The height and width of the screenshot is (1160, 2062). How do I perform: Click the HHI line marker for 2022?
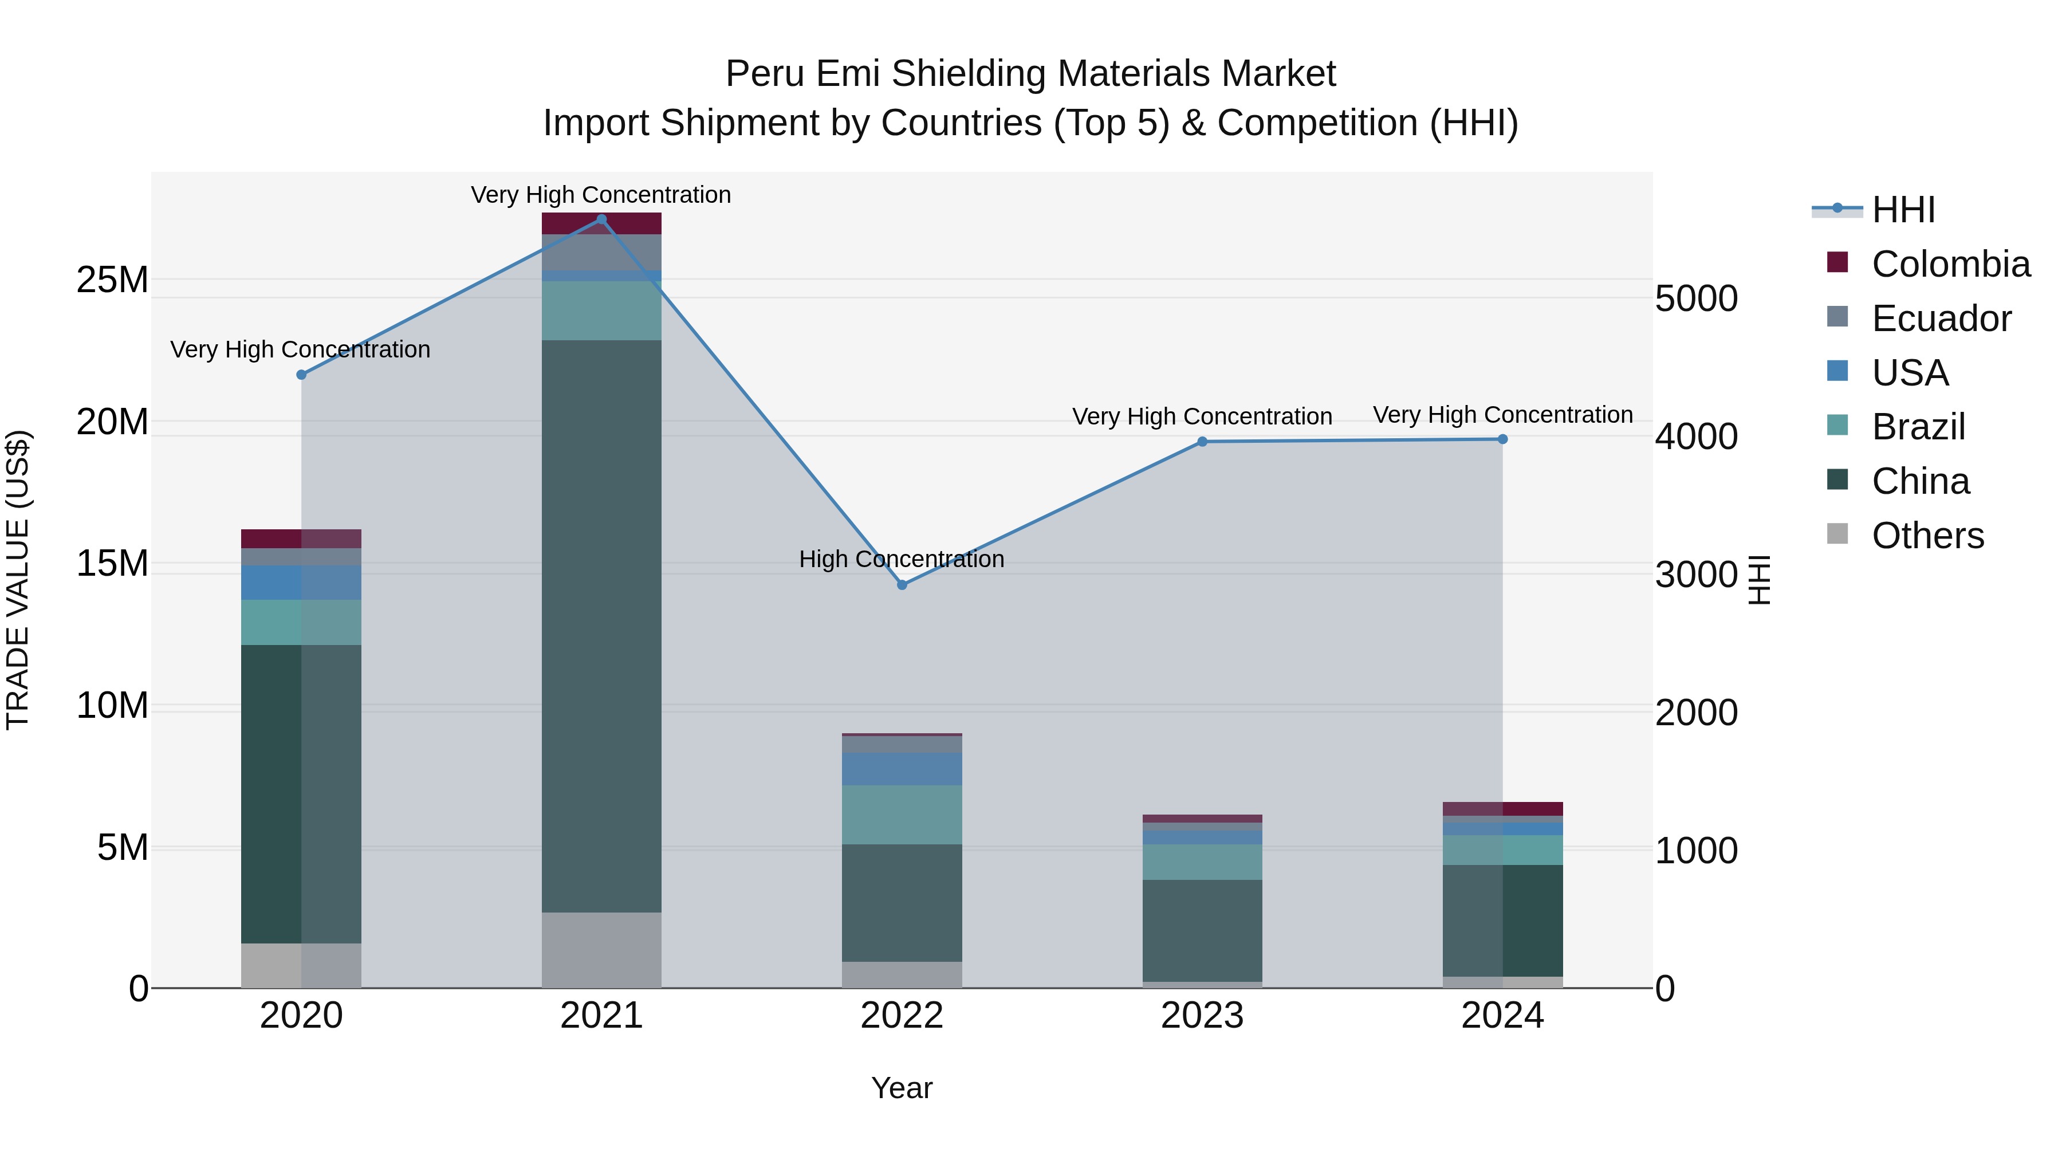[x=902, y=585]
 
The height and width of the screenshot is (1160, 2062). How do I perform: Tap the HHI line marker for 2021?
[x=602, y=219]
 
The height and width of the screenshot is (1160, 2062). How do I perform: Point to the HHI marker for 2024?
[x=1502, y=439]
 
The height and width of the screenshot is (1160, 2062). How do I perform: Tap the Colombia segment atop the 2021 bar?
[x=602, y=223]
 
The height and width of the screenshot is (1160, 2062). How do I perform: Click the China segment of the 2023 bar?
[x=1202, y=930]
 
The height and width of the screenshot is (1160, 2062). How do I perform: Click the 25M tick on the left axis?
[x=112, y=280]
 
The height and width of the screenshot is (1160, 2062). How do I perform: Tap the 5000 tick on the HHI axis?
[x=1696, y=298]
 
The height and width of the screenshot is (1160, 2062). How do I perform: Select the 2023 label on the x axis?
[x=1202, y=1016]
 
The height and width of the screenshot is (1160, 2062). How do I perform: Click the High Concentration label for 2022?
[x=902, y=559]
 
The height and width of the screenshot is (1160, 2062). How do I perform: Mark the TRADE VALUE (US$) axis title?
[x=18, y=580]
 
